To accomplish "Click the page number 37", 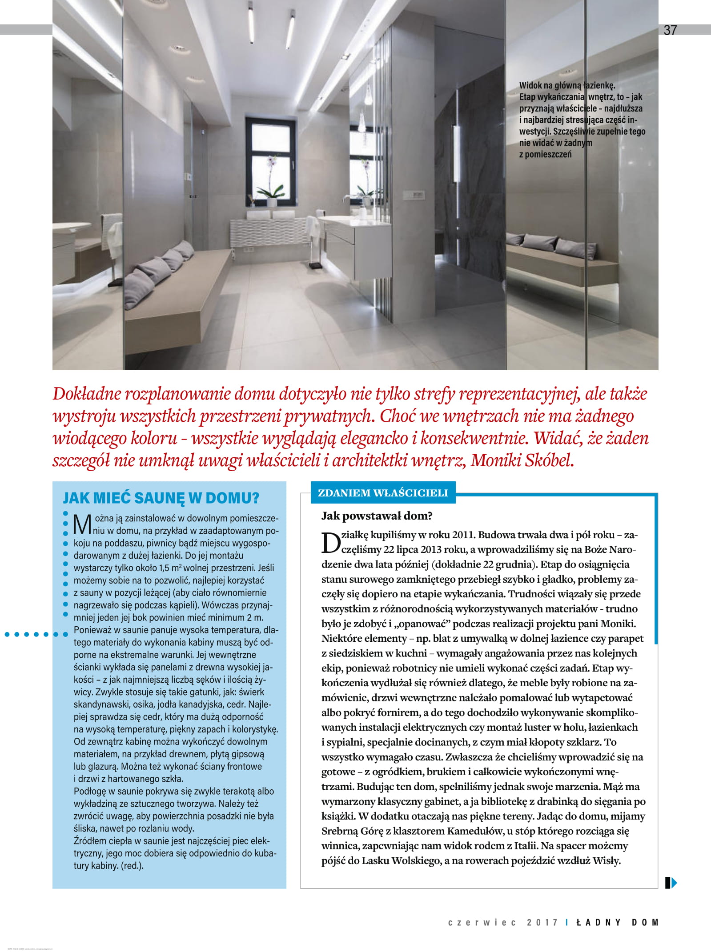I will click(x=670, y=30).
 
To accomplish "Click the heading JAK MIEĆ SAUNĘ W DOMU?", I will click(x=161, y=498).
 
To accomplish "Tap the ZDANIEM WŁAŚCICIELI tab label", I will click(x=383, y=493).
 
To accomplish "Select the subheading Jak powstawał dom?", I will click(x=377, y=516).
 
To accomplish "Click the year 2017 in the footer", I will click(x=542, y=922).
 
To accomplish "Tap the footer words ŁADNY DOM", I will click(x=617, y=922).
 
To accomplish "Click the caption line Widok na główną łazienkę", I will click(x=567, y=85).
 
